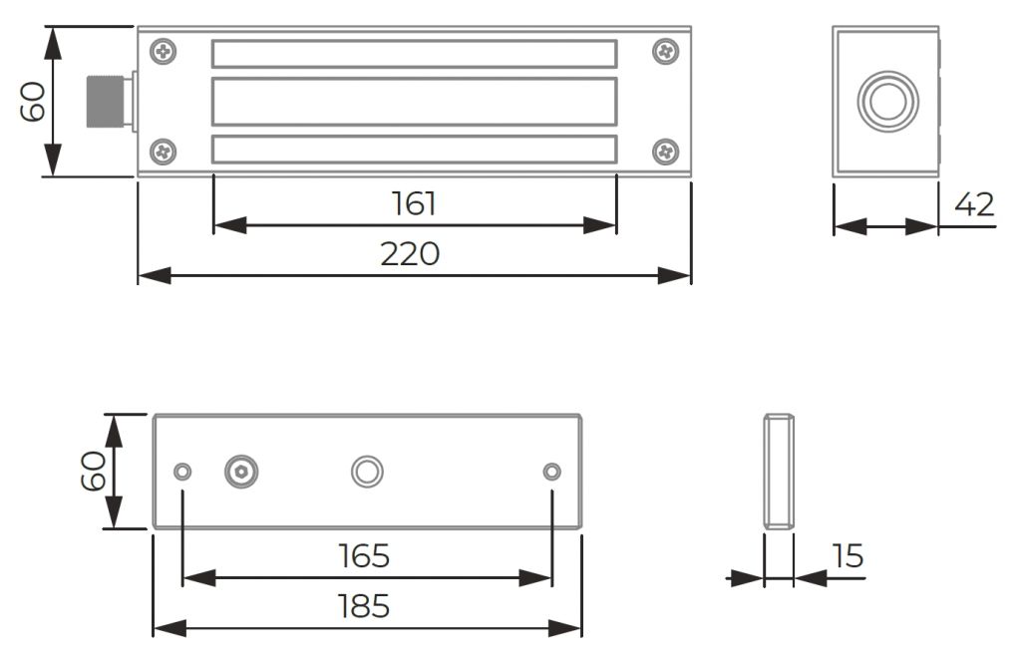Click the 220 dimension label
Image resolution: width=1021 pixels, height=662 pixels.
pos(410,254)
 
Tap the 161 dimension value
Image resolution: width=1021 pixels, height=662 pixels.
pos(414,203)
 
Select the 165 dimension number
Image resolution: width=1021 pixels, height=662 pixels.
pos(364,556)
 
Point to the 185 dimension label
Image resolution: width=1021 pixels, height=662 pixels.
pos(364,606)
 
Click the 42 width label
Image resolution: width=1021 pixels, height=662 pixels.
pos(975,204)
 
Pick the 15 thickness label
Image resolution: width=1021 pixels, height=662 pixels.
pos(848,556)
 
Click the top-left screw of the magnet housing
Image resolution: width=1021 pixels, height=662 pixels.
pos(163,52)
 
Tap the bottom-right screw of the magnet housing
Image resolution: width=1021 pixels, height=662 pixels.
pos(665,153)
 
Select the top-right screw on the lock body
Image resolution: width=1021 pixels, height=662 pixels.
pos(665,52)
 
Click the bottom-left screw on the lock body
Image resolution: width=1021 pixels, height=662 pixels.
pos(163,153)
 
